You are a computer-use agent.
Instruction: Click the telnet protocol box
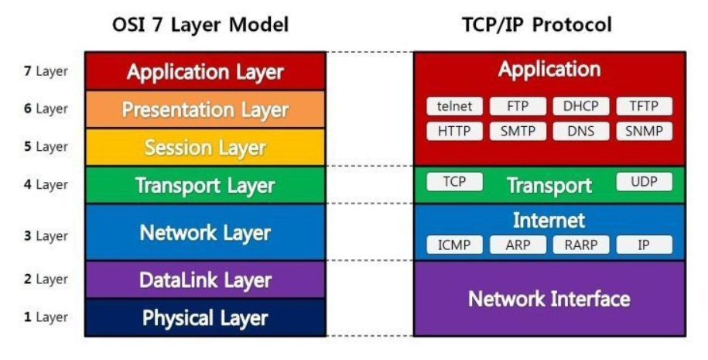(x=454, y=106)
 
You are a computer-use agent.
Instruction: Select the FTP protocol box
(x=518, y=106)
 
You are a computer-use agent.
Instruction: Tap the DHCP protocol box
(x=581, y=106)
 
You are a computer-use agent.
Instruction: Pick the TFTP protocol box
(x=644, y=106)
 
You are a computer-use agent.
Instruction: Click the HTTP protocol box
(x=454, y=131)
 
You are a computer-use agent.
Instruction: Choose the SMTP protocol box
(x=518, y=131)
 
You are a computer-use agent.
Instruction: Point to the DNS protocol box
(x=581, y=131)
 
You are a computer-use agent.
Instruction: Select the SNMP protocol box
(x=644, y=131)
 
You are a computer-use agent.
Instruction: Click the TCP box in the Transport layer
(x=454, y=182)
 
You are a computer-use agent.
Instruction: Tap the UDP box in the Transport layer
(x=644, y=182)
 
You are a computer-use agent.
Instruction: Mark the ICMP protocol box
(x=454, y=245)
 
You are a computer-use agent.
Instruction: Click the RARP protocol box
(x=581, y=245)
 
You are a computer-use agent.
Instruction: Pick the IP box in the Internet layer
(x=644, y=245)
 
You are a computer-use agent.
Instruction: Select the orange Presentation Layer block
(x=205, y=110)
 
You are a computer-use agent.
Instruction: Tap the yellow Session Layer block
(x=205, y=147)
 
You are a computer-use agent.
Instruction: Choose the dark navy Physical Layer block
(x=205, y=317)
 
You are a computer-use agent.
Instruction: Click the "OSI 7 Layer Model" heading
(x=200, y=25)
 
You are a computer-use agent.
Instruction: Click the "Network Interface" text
(x=549, y=298)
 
